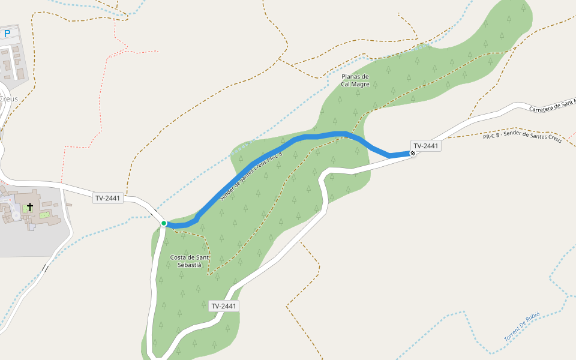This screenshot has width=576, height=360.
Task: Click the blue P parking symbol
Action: (x=7, y=34)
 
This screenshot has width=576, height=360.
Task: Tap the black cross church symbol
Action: (x=30, y=207)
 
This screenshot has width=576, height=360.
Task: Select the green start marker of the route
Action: (x=164, y=223)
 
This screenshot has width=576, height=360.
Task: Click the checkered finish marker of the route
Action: (x=413, y=154)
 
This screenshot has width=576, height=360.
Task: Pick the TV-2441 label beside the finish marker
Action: (x=426, y=146)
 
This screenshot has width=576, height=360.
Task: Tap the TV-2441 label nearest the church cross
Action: (x=108, y=198)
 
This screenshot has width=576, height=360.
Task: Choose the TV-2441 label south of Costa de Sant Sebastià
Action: (x=224, y=306)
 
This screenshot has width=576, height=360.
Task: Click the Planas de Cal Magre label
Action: (x=355, y=80)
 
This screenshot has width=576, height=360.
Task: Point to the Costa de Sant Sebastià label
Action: (x=190, y=261)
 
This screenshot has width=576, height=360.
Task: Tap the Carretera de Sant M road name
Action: (x=552, y=104)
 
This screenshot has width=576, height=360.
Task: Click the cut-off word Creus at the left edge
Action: (x=8, y=99)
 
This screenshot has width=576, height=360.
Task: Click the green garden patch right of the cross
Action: (x=44, y=214)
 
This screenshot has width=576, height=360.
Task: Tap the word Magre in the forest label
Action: (x=361, y=85)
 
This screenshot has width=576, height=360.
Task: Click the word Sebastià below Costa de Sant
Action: (x=190, y=265)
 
